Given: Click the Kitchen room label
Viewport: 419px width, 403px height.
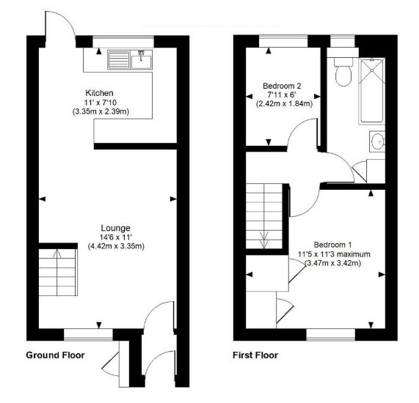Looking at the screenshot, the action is (99, 93).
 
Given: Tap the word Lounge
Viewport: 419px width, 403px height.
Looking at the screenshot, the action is (116, 228).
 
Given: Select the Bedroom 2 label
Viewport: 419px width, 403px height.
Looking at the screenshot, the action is (282, 86).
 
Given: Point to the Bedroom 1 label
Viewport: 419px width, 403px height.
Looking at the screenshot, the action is (332, 245).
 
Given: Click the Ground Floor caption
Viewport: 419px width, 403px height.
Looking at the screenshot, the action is (55, 355).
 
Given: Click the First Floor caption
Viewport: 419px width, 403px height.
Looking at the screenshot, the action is (255, 355).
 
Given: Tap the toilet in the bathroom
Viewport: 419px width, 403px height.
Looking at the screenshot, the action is (343, 72).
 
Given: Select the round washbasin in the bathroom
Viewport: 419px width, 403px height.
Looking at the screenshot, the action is (378, 141).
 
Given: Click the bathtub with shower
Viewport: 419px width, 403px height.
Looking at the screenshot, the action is (372, 91).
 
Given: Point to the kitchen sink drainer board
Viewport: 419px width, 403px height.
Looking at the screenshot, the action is (119, 60).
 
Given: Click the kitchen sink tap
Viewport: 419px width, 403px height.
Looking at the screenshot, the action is (141, 55).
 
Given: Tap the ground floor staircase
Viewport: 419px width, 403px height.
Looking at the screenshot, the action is (58, 273).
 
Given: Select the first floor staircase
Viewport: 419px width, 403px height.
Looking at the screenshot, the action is (264, 215).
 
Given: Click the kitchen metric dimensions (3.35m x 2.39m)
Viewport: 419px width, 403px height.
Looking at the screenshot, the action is (101, 111).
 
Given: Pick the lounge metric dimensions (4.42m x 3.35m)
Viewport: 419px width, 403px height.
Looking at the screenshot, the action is (116, 246).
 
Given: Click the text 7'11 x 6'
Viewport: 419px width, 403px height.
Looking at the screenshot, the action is (282, 95).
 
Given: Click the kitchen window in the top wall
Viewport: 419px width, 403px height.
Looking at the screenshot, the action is (123, 42).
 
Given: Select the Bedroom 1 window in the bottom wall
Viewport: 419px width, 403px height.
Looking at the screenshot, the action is (330, 335).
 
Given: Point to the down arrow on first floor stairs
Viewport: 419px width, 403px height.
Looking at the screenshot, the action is (264, 240).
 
